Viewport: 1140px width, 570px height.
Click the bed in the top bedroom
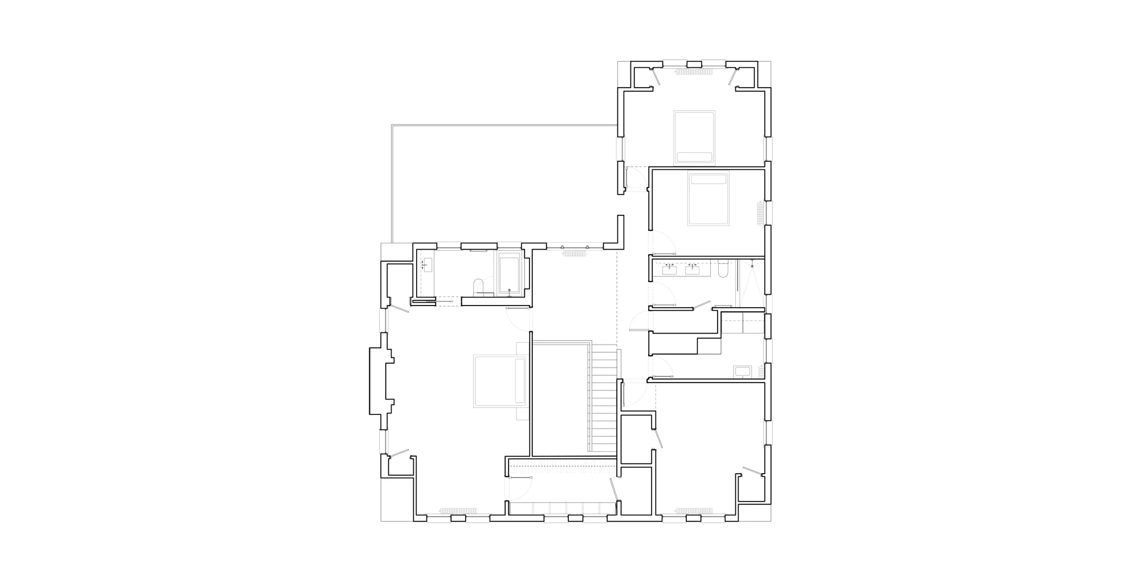point(694,137)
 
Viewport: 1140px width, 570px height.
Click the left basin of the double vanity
point(670,268)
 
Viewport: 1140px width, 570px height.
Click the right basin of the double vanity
point(693,268)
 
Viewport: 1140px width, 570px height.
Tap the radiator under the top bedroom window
point(694,72)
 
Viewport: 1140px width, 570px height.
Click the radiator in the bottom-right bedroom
point(694,509)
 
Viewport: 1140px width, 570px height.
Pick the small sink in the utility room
point(743,372)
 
